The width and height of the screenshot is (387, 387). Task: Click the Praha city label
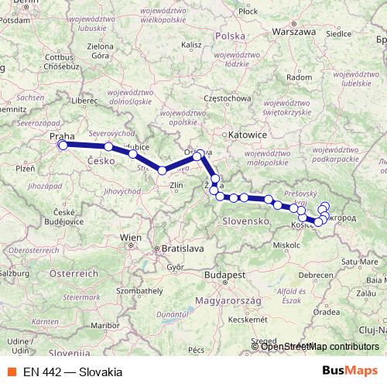60,136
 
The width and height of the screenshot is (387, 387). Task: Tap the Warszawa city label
295,33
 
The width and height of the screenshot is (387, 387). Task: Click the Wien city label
130,237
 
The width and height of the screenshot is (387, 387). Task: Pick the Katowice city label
249,134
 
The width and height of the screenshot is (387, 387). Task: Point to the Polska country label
229,36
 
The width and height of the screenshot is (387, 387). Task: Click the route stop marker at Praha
63,145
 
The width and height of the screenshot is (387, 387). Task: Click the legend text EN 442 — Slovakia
72,372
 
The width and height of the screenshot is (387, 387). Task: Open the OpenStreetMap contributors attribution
319,346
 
